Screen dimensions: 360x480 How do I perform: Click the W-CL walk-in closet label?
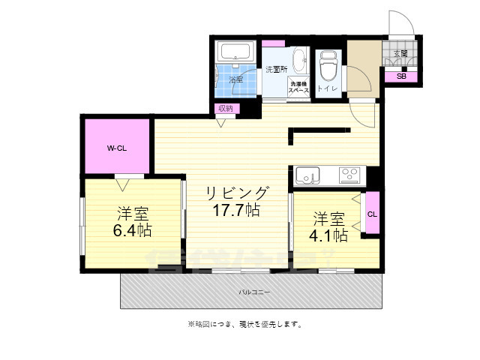pyautogui.click(x=115, y=148)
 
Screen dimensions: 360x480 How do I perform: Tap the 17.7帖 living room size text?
pyautogui.click(x=235, y=210)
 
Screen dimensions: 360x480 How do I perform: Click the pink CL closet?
pyautogui.click(x=372, y=214)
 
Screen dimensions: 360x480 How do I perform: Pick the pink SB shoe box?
pyautogui.click(x=400, y=76)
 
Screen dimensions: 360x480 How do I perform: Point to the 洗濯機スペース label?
pyautogui.click(x=300, y=87)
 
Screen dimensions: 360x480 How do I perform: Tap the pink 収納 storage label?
pyautogui.click(x=225, y=109)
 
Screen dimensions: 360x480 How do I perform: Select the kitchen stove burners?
pyautogui.click(x=349, y=175)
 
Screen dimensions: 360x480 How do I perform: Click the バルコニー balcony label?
pyautogui.click(x=255, y=291)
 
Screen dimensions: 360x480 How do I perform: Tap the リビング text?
pyautogui.click(x=237, y=193)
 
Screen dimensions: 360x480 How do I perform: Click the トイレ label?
pyautogui.click(x=327, y=88)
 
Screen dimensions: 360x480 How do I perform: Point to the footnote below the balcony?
pyautogui.click(x=244, y=324)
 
